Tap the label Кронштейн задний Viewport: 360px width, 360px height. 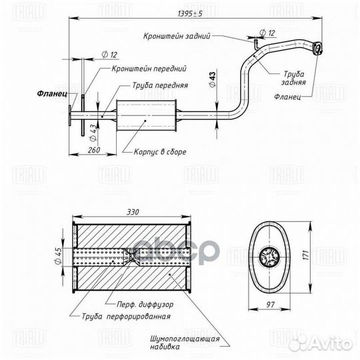point(181,38)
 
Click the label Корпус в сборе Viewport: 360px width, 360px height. point(163,152)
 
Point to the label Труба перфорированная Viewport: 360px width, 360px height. point(126,317)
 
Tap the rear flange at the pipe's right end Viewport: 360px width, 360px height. point(319,47)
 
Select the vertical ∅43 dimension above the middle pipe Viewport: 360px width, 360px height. point(212,79)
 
